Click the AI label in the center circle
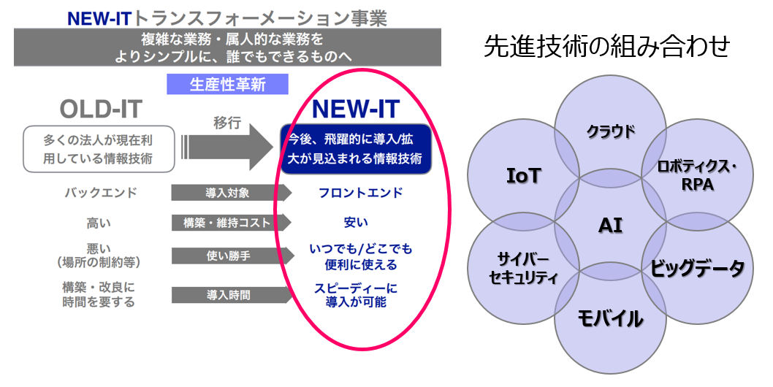tap(610, 224)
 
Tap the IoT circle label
tap(523, 175)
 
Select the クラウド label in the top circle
tap(611, 131)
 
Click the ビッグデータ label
tap(698, 268)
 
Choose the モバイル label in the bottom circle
tap(611, 318)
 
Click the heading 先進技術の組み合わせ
tap(606, 47)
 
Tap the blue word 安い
tap(356, 222)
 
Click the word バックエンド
tap(100, 193)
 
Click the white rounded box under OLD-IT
tap(98, 148)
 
